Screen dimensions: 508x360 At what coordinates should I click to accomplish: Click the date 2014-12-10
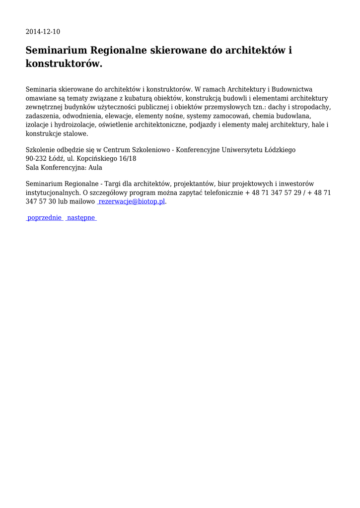pos(43,32)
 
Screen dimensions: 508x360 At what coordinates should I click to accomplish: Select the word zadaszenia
pos(43,116)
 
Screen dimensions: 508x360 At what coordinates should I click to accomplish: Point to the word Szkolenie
pos(41,149)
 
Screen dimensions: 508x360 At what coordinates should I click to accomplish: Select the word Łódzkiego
pos(279,149)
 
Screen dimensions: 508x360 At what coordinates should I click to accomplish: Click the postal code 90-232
pos(36,158)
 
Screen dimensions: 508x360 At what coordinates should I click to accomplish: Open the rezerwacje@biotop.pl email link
pos(132,202)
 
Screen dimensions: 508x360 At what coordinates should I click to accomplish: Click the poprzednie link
pos(45,218)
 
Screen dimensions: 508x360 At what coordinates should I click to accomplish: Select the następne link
pos(81,218)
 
